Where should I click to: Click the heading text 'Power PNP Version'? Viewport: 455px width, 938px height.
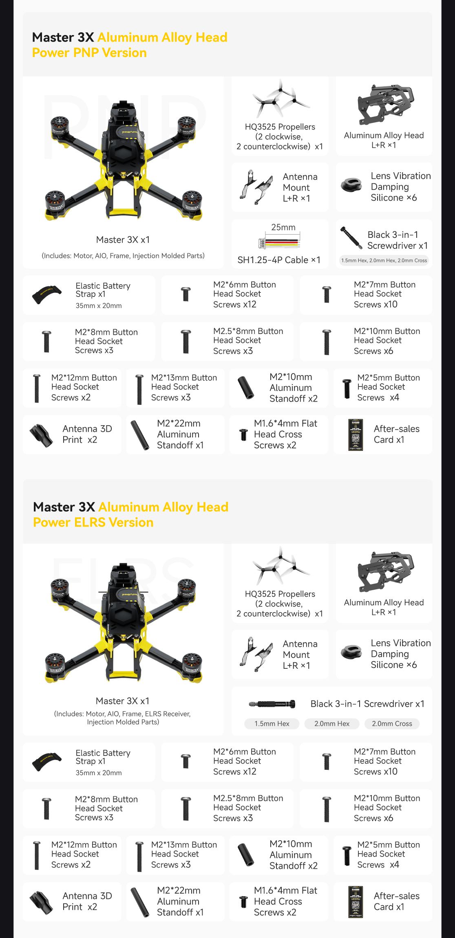point(89,53)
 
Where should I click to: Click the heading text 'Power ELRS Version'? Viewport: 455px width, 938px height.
point(93,523)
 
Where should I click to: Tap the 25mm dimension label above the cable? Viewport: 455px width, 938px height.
point(283,227)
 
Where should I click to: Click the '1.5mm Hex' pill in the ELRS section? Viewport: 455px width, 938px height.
point(272,724)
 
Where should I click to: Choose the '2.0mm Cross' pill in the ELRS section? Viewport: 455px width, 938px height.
point(391,724)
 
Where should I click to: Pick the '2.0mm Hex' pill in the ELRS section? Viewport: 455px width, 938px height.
point(331,724)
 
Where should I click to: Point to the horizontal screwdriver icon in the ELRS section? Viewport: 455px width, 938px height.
point(272,704)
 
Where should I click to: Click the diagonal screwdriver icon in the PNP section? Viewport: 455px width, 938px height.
point(351,238)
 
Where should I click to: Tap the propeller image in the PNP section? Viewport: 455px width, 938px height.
point(281,99)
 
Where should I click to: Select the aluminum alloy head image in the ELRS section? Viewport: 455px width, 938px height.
point(385,571)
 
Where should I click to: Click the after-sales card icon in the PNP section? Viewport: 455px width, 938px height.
point(356,435)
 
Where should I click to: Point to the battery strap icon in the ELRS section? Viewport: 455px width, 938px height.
point(47,761)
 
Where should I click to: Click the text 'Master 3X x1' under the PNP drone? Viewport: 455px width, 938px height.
point(123,240)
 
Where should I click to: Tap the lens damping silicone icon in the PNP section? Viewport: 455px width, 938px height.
point(352,185)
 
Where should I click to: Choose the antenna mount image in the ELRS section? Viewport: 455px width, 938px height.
point(256,654)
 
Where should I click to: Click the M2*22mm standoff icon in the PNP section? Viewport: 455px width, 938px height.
point(140,435)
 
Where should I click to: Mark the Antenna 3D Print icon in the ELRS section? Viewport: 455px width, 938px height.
point(41,902)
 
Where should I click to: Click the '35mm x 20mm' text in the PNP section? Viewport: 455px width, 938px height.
point(99,306)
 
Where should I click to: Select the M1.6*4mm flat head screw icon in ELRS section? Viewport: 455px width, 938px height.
point(243,902)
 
